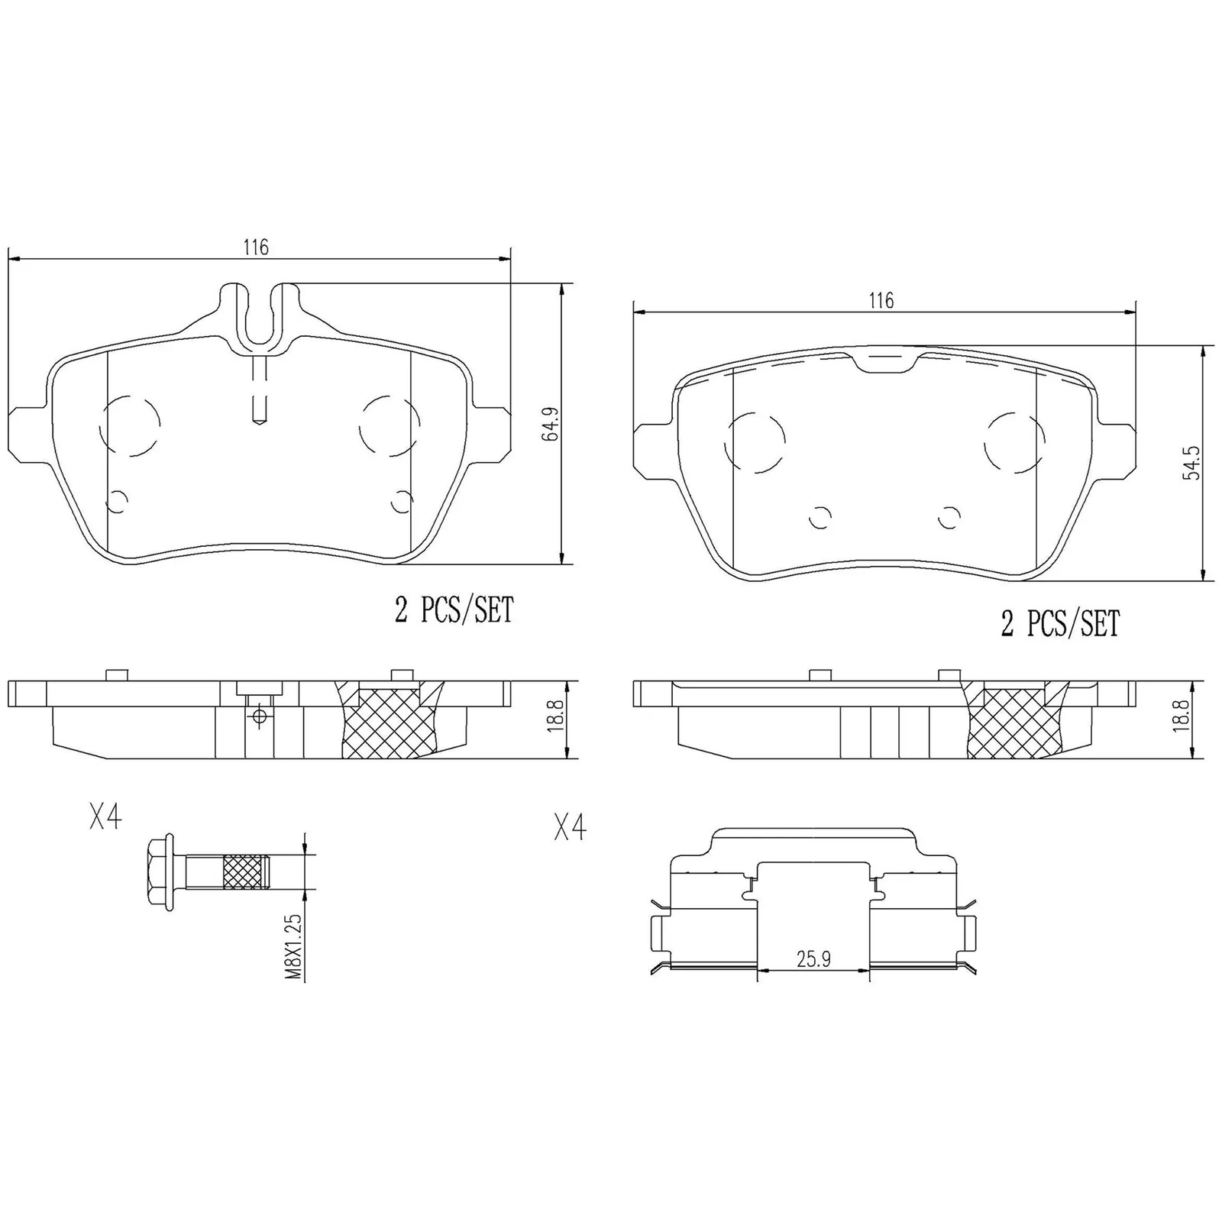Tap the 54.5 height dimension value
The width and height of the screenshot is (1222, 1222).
pos(1192,463)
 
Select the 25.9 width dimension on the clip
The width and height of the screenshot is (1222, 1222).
pos(813,959)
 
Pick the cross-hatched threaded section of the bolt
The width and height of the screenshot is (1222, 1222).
pos(245,872)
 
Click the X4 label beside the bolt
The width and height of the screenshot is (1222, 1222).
pos(105,819)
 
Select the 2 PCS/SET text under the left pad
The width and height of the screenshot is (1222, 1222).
pos(454,610)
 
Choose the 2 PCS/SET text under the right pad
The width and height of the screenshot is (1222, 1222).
pos(1060,624)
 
